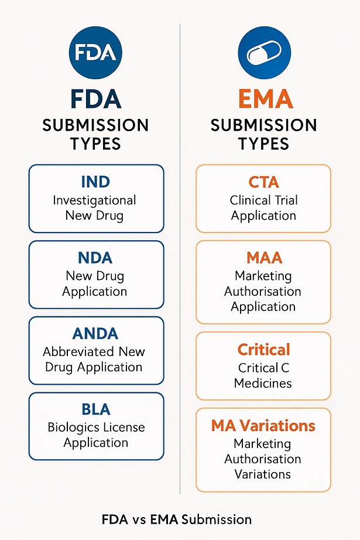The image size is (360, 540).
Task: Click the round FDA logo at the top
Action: coord(96,52)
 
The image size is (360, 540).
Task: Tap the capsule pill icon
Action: coord(264,53)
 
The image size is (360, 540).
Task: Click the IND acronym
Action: coord(96,182)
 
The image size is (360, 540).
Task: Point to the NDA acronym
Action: coord(96,258)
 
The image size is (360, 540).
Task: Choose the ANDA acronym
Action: coord(96,334)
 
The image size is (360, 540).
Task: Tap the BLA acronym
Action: coord(96,409)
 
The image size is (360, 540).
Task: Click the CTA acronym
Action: coord(263,182)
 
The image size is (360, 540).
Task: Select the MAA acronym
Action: coord(263,257)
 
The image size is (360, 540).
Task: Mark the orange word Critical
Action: coord(263,350)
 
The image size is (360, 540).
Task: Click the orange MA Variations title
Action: coord(263,426)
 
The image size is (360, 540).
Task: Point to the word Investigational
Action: coord(94,200)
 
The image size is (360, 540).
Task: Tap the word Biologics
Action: coord(72,427)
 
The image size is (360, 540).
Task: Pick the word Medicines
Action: coord(263,384)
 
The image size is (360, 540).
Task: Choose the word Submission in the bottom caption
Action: coord(218,520)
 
